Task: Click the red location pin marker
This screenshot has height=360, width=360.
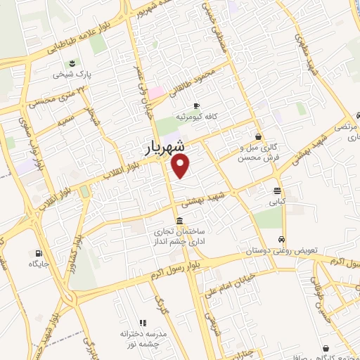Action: coord(181,166)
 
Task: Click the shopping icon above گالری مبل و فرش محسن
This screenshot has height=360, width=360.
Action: coord(259,136)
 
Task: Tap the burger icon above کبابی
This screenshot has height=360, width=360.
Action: coord(278,191)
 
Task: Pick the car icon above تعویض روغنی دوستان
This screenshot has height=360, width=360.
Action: coord(282,239)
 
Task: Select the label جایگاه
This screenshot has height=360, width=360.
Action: coord(37,264)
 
